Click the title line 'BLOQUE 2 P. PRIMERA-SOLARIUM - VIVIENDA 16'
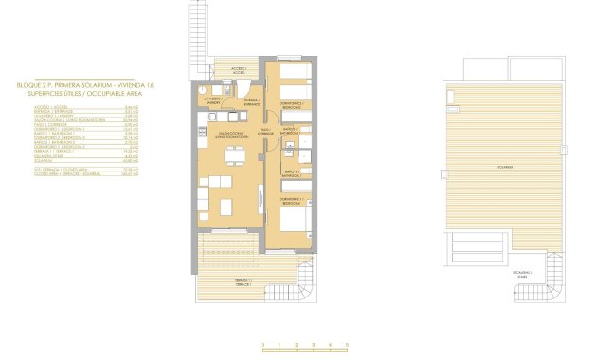click(85, 85)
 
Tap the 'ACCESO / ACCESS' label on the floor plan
click(239, 70)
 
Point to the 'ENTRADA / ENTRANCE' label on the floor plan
click(251, 101)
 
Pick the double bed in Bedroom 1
click(297, 220)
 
